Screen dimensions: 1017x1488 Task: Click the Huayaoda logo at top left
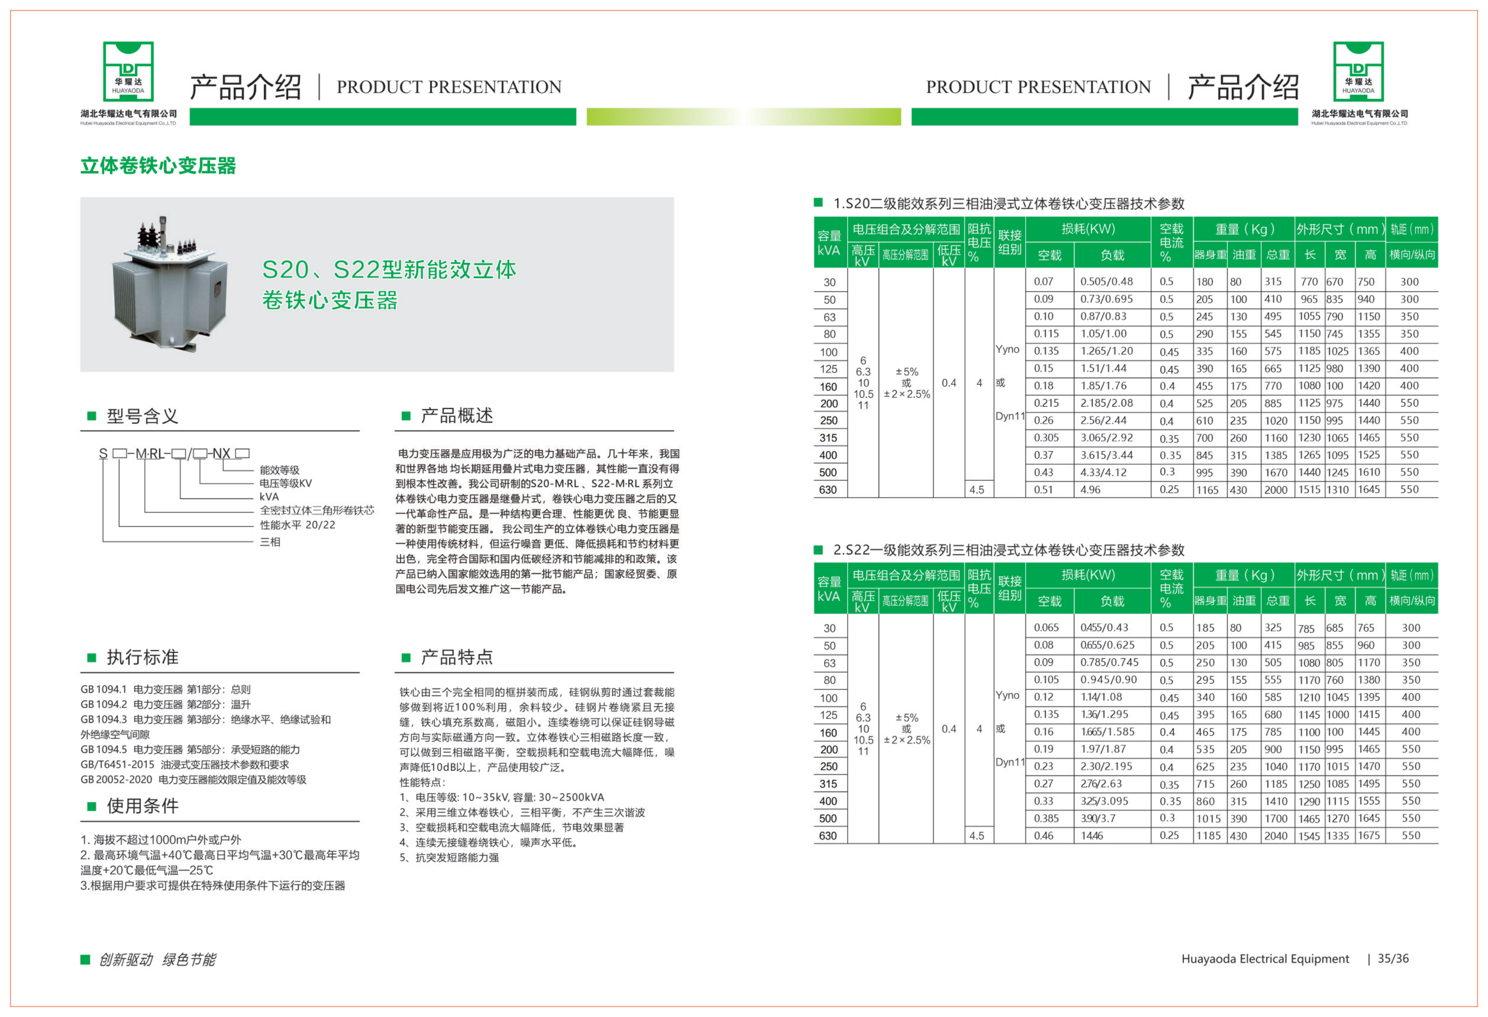coord(128,72)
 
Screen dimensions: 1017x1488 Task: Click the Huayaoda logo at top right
coord(1358,72)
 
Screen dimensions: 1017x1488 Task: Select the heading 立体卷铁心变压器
coord(158,166)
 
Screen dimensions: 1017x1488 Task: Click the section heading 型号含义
coord(142,416)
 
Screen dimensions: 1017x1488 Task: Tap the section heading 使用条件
coord(142,806)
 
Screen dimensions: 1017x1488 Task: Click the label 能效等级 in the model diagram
coord(279,470)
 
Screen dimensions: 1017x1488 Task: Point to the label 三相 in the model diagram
coord(269,542)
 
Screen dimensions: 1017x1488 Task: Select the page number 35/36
coord(1393,959)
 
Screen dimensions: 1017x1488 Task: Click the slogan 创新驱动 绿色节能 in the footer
coord(157,959)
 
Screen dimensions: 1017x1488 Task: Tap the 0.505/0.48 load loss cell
coord(1106,282)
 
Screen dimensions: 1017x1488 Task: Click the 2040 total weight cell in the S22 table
coord(1275,836)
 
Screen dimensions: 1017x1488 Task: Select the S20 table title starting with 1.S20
coord(1008,204)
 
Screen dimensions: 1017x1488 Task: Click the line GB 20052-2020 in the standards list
coord(193,780)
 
